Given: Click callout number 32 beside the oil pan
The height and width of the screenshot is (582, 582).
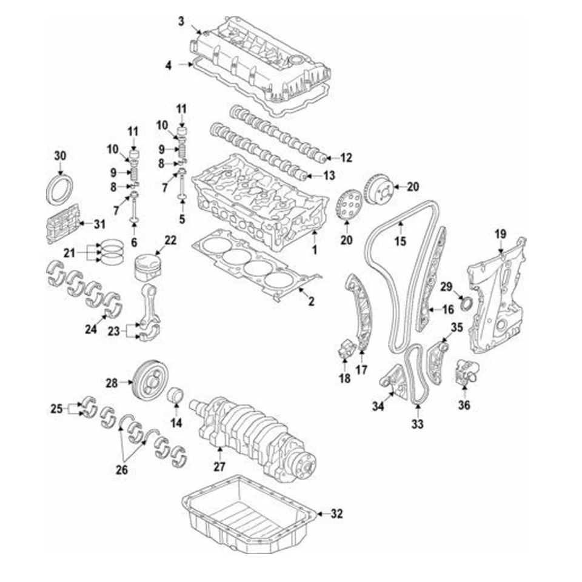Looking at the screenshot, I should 337,514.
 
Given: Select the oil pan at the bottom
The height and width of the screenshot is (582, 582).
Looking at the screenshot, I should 249,512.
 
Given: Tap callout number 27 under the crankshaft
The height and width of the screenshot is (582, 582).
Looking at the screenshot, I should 219,467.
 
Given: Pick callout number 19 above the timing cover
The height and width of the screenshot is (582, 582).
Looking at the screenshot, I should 500,234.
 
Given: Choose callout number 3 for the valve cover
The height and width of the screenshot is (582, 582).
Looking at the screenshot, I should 181,22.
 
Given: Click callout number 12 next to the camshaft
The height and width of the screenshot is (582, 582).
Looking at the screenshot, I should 346,158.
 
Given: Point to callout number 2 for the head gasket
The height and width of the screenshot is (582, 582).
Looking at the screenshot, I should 310,300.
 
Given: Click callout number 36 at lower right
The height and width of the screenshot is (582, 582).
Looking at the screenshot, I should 464,405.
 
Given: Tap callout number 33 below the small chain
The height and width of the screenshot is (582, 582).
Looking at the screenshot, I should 417,424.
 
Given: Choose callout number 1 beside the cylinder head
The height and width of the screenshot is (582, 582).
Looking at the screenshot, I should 314,249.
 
